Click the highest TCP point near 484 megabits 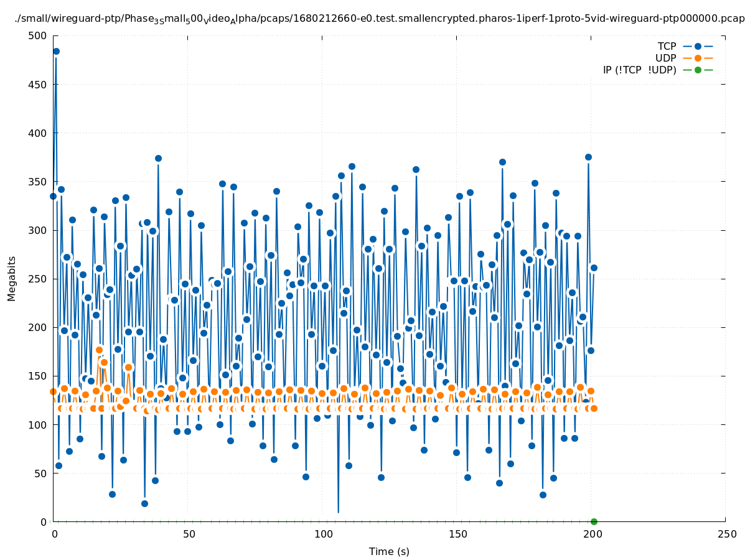(56, 51)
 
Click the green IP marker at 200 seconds (594, 521)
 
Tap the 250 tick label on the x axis (726, 534)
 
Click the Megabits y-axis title (12, 278)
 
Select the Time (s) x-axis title (389, 551)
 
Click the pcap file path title (380, 19)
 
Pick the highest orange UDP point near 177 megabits (99, 350)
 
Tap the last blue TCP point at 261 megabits (594, 268)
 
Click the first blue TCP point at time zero (53, 196)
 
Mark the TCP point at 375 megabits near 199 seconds (588, 157)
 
